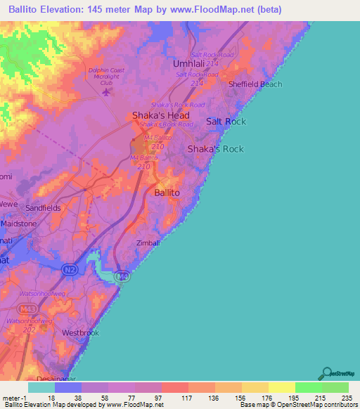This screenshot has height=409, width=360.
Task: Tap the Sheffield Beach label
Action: (x=255, y=84)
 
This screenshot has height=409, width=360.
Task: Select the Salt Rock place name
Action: (x=226, y=122)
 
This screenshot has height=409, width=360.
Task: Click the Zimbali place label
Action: (x=149, y=243)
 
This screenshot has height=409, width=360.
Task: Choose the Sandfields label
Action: (x=44, y=209)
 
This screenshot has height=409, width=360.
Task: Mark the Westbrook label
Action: (x=78, y=331)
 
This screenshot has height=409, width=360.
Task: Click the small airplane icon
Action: (x=106, y=91)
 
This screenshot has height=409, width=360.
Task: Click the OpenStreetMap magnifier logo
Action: (x=326, y=373)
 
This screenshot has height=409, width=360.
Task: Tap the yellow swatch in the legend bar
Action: (x=281, y=387)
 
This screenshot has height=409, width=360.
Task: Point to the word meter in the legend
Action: (x=10, y=398)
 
